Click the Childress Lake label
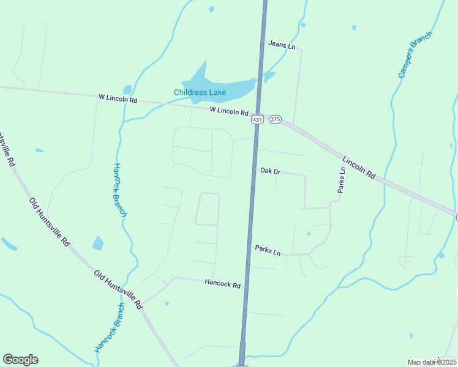(x=200, y=93)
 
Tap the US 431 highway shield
(x=257, y=120)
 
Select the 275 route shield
(x=274, y=120)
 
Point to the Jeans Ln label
(x=281, y=46)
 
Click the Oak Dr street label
(x=270, y=172)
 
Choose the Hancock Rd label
(x=223, y=283)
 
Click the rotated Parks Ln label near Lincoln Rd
(x=342, y=180)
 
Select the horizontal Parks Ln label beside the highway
(x=268, y=250)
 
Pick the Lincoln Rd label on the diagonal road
(x=358, y=167)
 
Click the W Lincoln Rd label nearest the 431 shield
(x=228, y=111)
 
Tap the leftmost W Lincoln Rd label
(x=118, y=98)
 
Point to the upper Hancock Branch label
(x=120, y=190)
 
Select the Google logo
(x=20, y=360)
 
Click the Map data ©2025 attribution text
(x=432, y=362)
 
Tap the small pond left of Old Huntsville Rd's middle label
(x=98, y=243)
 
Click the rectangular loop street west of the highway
(x=208, y=209)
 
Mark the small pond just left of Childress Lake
(x=127, y=90)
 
